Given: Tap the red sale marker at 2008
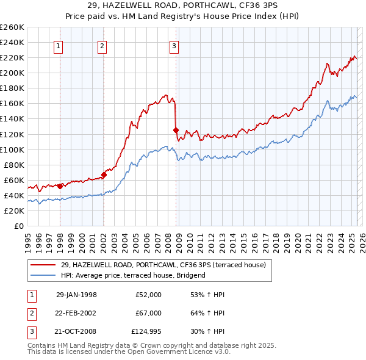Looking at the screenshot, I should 176,130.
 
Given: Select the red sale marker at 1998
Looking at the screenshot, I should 60,186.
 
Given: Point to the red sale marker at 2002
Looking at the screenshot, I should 104,175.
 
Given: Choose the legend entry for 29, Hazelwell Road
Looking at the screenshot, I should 163,265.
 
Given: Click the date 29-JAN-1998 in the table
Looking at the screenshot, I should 76,295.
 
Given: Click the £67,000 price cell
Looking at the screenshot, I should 149,313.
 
